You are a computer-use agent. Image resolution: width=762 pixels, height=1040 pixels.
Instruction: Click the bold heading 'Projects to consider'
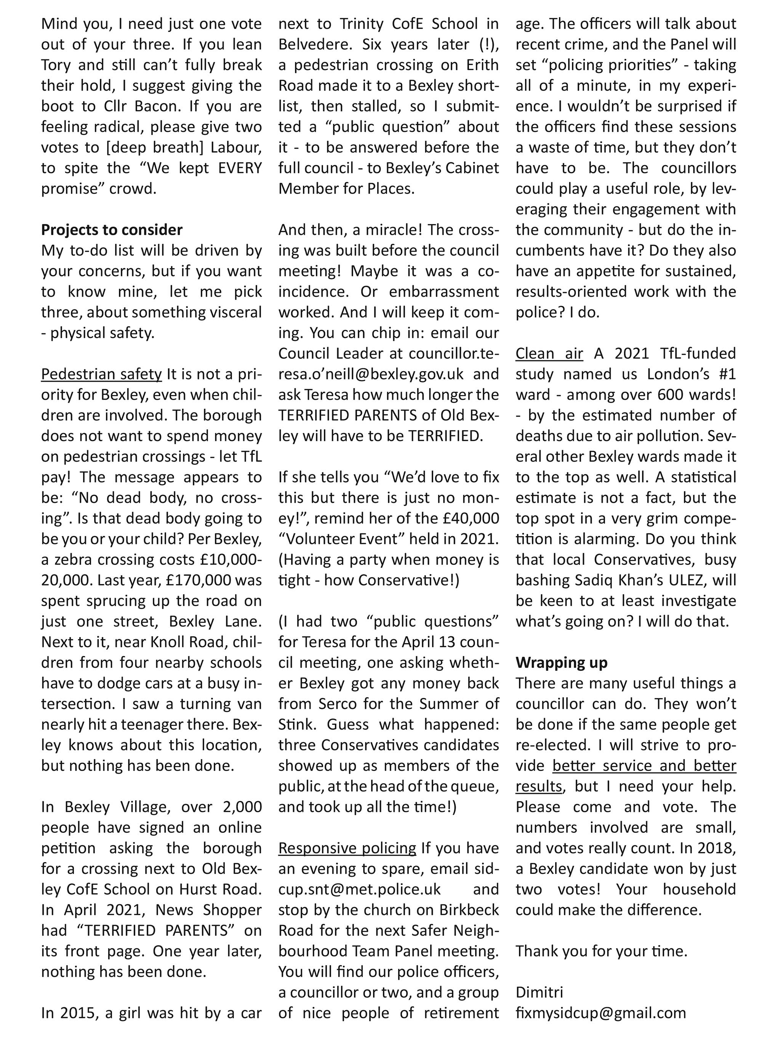pyautogui.click(x=112, y=230)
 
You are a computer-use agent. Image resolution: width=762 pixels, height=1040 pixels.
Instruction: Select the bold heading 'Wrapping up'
pyautogui.click(x=561, y=662)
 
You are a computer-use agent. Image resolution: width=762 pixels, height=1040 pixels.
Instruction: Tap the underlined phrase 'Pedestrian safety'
pyautogui.click(x=101, y=374)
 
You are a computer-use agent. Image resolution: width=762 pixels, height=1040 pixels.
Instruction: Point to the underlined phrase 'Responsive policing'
pyautogui.click(x=347, y=848)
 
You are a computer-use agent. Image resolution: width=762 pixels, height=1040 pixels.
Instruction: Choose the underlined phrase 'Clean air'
pyautogui.click(x=549, y=353)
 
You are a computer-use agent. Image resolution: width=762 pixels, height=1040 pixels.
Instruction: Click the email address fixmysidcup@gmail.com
pyautogui.click(x=600, y=1013)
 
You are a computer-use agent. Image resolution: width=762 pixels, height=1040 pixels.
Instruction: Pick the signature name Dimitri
pyautogui.click(x=539, y=992)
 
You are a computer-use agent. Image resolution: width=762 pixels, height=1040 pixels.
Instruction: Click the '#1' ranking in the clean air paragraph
pyautogui.click(x=726, y=374)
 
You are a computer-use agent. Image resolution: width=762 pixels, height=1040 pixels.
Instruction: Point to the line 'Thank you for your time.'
pyautogui.click(x=601, y=951)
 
